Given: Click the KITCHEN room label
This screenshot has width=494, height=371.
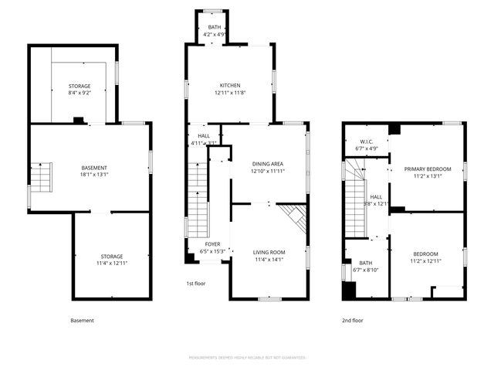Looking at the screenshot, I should [x=228, y=85].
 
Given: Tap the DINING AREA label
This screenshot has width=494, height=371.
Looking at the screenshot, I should [x=268, y=164].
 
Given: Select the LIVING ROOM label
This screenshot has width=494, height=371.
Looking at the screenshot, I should [x=269, y=252].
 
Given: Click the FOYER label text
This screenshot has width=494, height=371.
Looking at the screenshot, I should [x=212, y=243].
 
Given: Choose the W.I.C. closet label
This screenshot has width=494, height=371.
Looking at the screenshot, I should [x=364, y=141].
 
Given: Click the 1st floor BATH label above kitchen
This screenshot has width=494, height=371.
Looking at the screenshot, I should [x=214, y=27].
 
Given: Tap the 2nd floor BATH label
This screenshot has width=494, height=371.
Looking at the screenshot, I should [x=365, y=263].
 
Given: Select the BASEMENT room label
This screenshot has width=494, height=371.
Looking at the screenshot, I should [x=94, y=168].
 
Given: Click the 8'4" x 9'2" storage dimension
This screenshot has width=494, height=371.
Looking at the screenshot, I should [x=79, y=93].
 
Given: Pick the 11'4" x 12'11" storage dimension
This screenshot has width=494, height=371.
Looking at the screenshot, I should [x=111, y=264].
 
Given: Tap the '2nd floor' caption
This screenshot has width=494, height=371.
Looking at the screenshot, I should [x=353, y=320].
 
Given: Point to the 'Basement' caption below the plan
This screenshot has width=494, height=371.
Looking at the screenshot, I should [x=82, y=320].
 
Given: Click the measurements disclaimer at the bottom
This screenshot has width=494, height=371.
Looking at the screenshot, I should [x=247, y=358].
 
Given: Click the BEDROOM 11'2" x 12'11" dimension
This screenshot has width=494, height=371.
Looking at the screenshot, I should [x=426, y=261].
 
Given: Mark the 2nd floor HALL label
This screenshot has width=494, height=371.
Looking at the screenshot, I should [x=376, y=197].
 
